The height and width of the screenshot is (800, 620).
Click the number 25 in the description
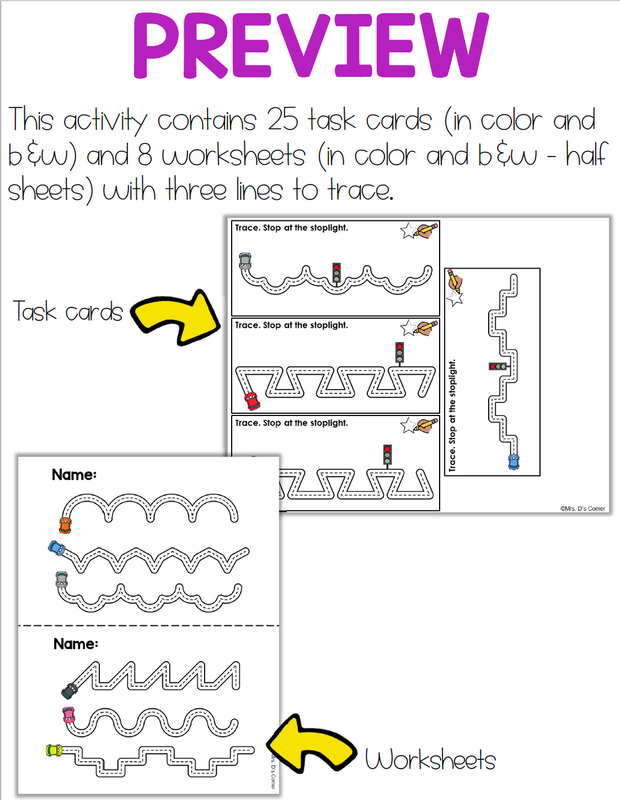point(282,119)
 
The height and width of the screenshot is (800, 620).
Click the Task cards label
point(68,311)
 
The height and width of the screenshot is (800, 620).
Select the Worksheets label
point(430,759)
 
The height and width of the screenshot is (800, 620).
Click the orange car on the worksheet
point(65,525)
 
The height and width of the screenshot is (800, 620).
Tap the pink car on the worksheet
point(69,715)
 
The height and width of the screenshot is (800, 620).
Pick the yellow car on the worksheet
point(54,750)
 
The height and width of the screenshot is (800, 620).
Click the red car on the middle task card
point(252,400)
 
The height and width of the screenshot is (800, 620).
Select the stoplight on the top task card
point(336,273)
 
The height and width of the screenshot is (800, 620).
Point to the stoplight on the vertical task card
point(498,367)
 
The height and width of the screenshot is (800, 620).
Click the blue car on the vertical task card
point(513,461)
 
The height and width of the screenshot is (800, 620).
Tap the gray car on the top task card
point(245,261)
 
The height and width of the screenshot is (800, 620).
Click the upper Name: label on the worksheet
point(74,475)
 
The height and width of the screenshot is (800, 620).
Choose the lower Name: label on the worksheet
point(76,643)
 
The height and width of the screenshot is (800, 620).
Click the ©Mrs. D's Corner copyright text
point(582,508)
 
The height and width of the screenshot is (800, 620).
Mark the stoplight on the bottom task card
point(387,454)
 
